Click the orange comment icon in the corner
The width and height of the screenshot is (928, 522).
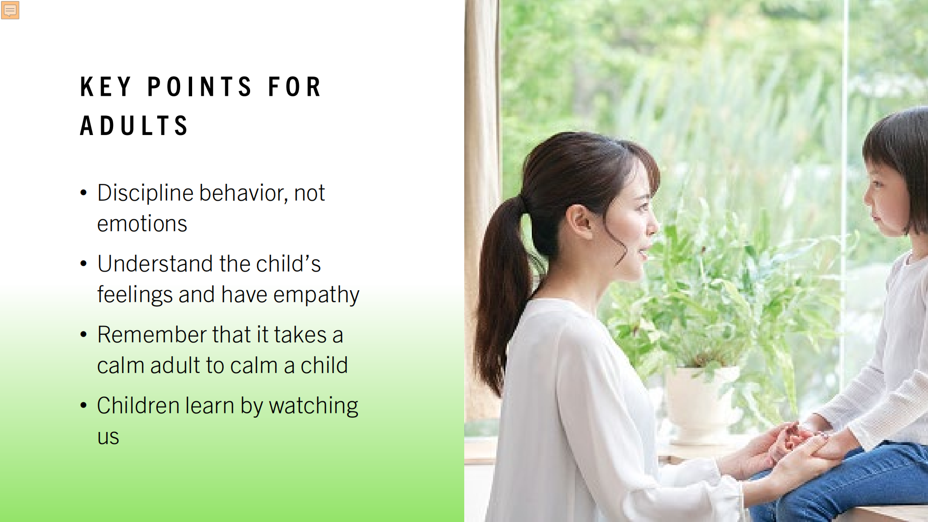pos(10,10)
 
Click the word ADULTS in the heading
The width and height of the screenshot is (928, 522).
pos(134,126)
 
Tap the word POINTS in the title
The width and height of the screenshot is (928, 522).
pos(199,87)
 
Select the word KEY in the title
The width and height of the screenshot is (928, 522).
pos(105,87)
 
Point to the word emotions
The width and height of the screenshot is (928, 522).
pos(142,224)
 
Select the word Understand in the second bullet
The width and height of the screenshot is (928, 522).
pos(155,264)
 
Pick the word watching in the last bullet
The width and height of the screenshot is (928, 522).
pos(314,406)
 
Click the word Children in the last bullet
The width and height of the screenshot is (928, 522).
pos(138,405)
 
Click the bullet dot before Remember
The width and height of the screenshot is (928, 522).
pos(84,334)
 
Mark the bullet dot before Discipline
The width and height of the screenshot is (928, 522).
pos(84,193)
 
